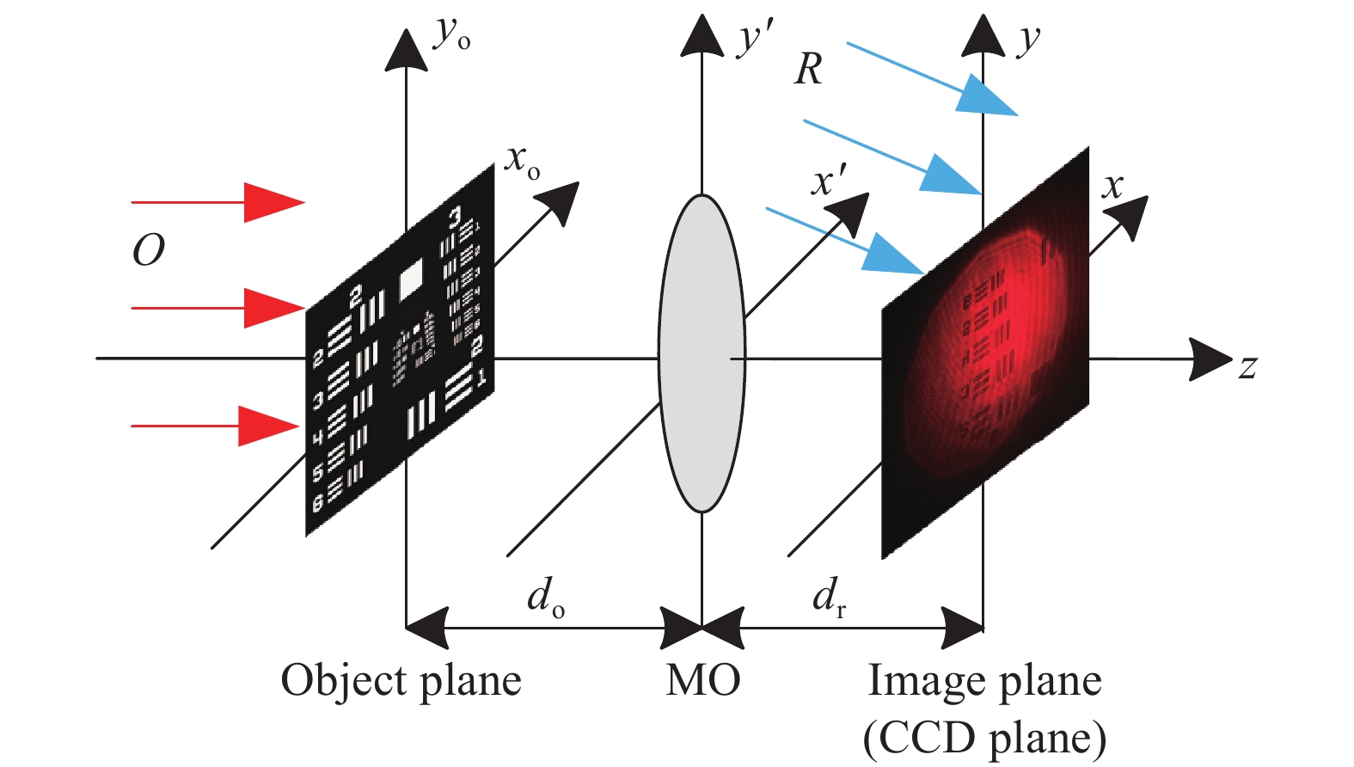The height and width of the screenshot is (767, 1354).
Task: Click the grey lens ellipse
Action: click(x=702, y=353)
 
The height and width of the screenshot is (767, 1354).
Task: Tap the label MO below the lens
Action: click(x=702, y=681)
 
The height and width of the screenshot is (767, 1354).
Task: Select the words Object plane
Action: click(x=401, y=681)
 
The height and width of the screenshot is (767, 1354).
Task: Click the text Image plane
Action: click(x=984, y=681)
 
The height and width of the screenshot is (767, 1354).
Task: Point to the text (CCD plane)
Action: click(x=984, y=738)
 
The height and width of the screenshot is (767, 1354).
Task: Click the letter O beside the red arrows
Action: click(x=148, y=250)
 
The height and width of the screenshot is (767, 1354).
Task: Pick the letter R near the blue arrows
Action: click(x=808, y=70)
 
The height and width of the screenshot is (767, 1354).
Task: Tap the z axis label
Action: click(x=1247, y=367)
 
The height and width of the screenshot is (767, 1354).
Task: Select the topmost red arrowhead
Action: click(x=273, y=203)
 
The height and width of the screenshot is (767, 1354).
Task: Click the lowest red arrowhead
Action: click(x=268, y=426)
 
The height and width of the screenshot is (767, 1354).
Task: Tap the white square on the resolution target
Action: click(x=412, y=277)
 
